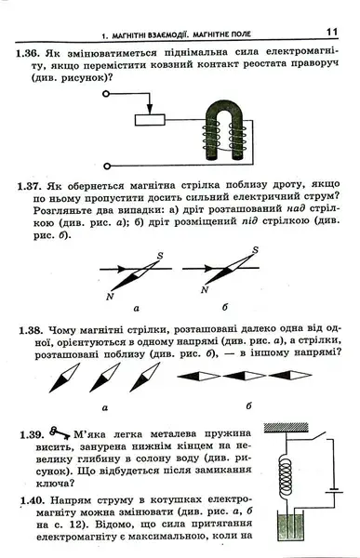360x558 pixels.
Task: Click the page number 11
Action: point(331,32)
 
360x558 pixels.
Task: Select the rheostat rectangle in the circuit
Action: point(150,120)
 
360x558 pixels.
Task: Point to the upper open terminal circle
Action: point(105,94)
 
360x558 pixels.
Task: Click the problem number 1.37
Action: point(30,186)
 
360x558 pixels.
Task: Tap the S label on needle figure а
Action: point(160,255)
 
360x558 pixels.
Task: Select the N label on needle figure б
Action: point(205,289)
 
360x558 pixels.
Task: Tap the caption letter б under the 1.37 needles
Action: point(224,307)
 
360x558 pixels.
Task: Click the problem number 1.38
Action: point(31,330)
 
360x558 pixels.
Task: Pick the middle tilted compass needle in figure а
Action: point(105,377)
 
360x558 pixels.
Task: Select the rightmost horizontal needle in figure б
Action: point(290,375)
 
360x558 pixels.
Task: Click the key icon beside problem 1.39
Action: point(60,432)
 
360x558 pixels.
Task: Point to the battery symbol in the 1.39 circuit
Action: point(334,491)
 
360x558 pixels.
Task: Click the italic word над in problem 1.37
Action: point(296,210)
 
